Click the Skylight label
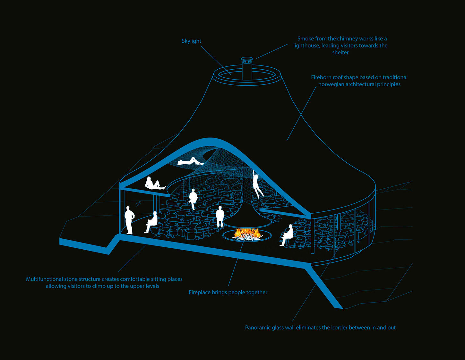[x=191, y=41]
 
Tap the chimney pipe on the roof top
[x=247, y=69]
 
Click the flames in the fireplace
[x=247, y=233]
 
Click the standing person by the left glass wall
[x=129, y=220]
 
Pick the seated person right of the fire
[x=287, y=235]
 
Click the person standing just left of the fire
[x=220, y=217]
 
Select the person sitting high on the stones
[x=193, y=199]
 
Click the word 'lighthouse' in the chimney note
[x=306, y=46]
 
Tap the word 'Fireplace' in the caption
[x=200, y=292]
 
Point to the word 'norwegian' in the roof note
[x=331, y=84]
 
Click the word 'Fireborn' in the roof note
[x=321, y=77]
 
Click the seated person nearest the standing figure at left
[x=151, y=222]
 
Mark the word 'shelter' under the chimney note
[x=340, y=53]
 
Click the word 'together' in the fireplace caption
[x=257, y=292]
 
